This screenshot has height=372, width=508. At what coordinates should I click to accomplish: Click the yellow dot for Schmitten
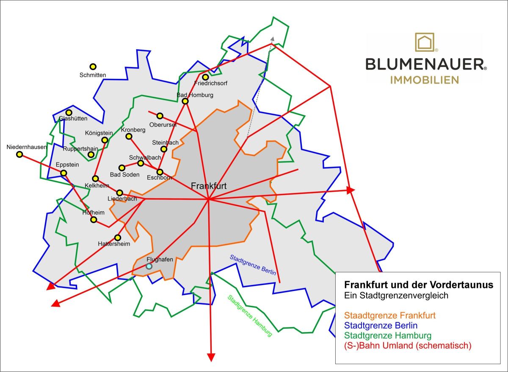point(93,67)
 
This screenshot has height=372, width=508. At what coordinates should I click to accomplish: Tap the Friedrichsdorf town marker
point(205,77)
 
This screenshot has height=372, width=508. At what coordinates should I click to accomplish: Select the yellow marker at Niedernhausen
point(19,154)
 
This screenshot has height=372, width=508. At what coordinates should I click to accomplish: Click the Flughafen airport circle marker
point(149,266)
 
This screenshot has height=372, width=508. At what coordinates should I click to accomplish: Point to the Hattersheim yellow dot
point(118,238)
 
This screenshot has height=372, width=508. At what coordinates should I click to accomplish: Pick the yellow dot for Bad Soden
point(122,168)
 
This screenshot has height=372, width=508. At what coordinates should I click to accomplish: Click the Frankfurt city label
point(209,186)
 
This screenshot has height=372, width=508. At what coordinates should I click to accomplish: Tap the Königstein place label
point(99,133)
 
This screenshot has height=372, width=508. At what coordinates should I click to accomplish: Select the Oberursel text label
point(163,125)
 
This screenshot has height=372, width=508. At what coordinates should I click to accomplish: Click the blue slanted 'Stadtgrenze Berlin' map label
point(253,265)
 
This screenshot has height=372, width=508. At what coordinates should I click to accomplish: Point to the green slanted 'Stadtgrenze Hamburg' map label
point(250,316)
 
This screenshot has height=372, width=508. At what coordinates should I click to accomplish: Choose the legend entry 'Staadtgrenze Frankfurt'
point(390,316)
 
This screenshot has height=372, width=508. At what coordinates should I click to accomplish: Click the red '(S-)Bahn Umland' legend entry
point(408,346)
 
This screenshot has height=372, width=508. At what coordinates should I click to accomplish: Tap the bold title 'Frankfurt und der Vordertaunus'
point(418,285)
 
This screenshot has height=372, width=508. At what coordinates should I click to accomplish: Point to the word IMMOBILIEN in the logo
point(424,80)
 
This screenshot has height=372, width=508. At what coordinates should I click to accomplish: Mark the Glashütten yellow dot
point(69,112)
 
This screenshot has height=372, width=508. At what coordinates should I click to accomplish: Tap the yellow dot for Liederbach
point(120,193)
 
